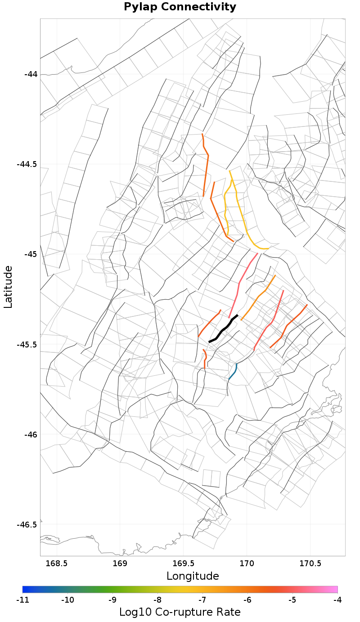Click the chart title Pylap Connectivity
pos(180,7)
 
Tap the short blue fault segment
pos(233,372)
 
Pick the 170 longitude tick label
pos(247,563)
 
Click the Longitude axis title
pos(193,576)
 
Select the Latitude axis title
pos(8,287)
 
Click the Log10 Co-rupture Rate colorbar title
pos(180,612)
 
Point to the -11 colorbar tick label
pos(22,600)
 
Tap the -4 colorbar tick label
pos(337,600)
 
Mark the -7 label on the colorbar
pos(202,600)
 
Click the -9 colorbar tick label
pos(112,600)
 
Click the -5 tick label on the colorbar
pos(292,600)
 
